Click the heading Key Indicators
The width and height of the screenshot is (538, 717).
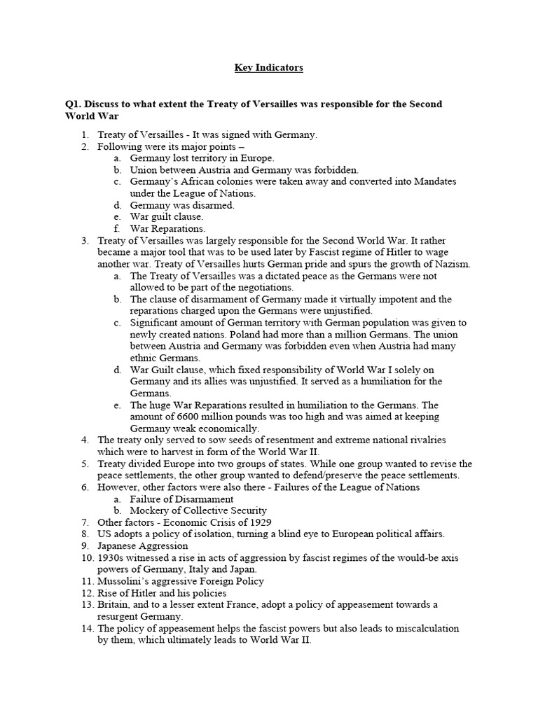pyautogui.click(x=268, y=68)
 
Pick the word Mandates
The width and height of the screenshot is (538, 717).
pyautogui.click(x=430, y=181)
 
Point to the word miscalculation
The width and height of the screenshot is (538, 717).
pyautogui.click(x=425, y=629)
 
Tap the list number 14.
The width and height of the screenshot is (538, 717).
pyautogui.click(x=86, y=629)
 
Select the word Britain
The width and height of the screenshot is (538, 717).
pyautogui.click(x=114, y=605)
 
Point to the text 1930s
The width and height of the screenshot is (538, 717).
pyautogui.click(x=112, y=557)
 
